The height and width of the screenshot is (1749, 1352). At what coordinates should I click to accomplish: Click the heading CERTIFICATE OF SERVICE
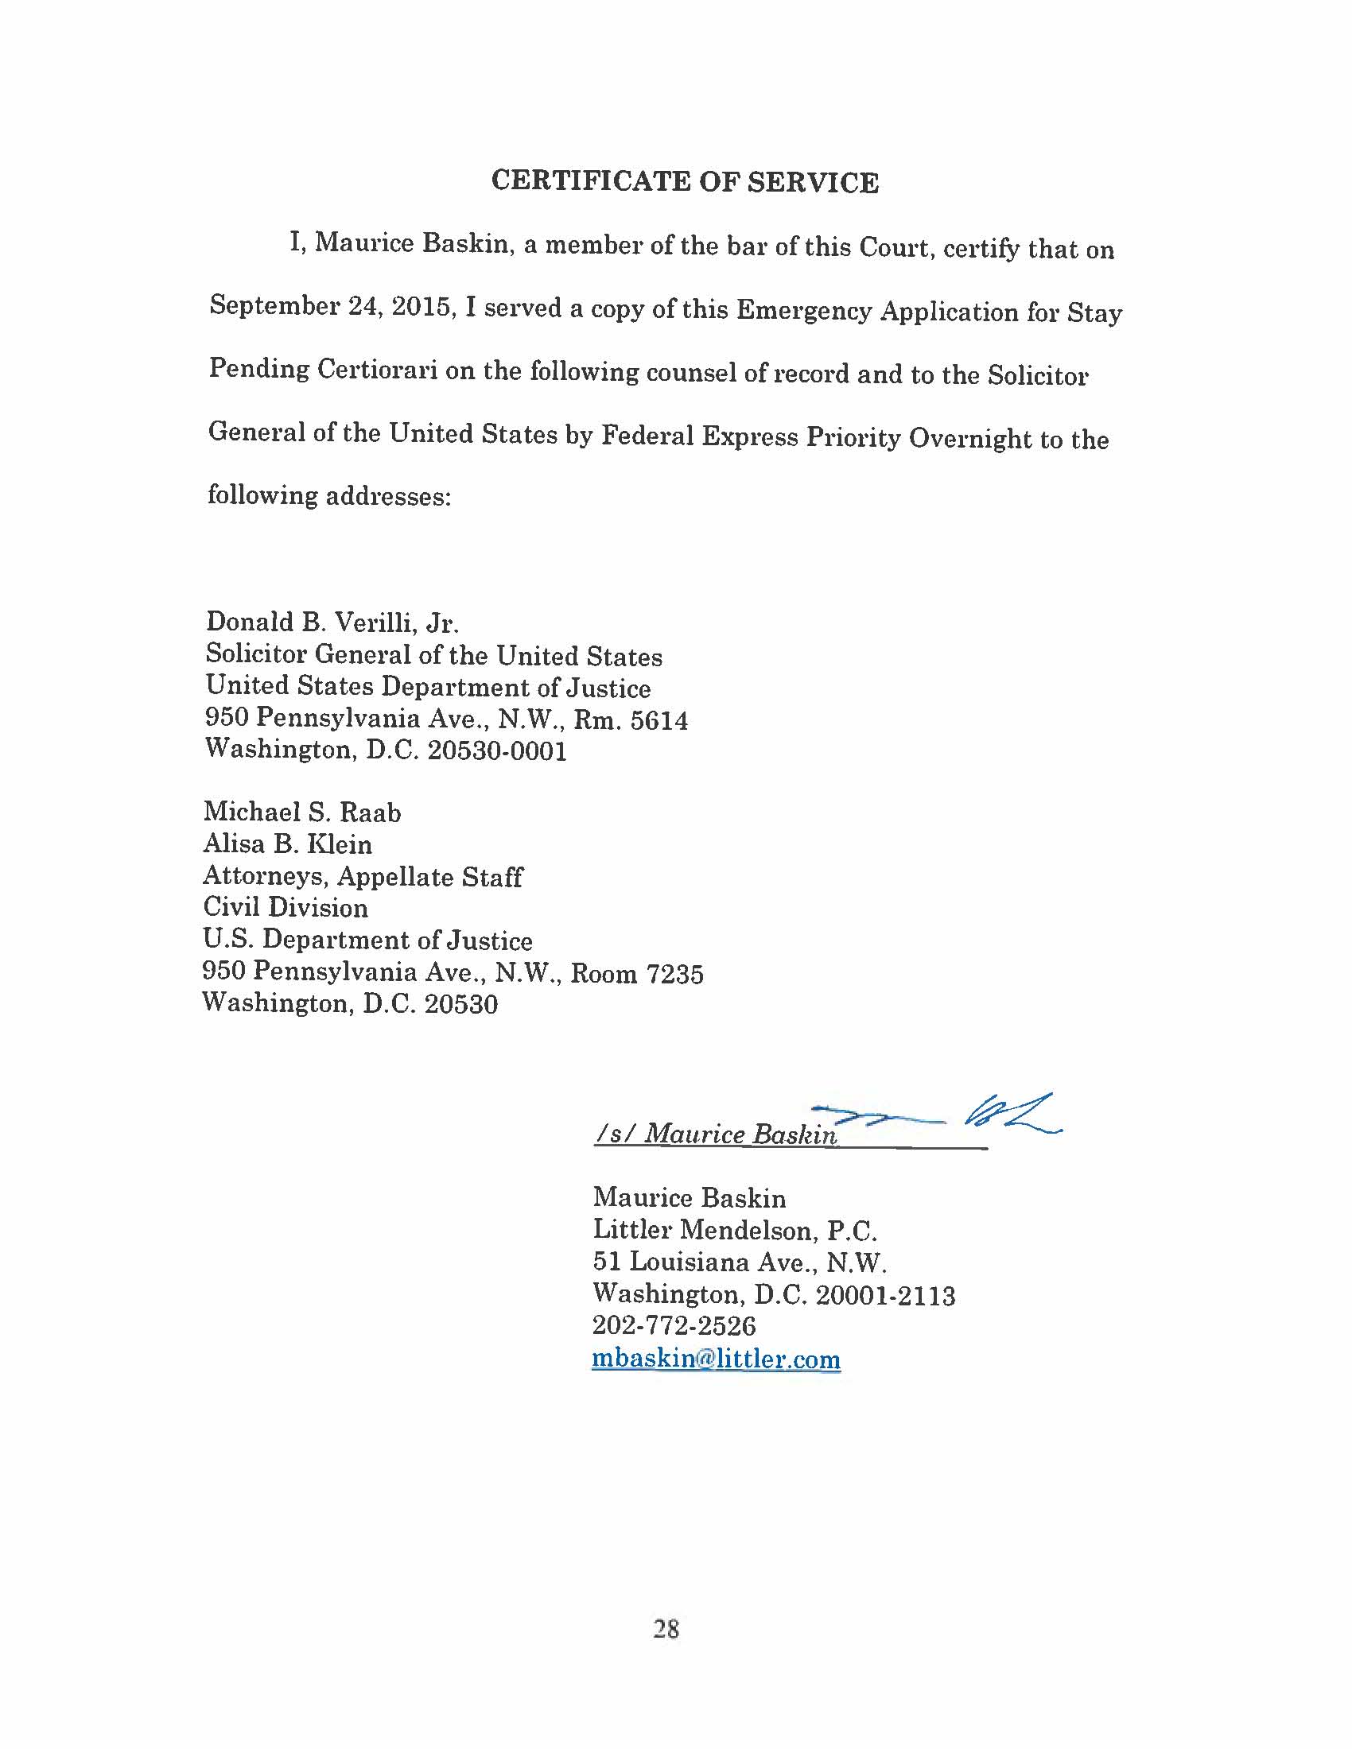coord(685,182)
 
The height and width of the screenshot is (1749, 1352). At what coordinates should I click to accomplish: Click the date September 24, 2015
coord(332,306)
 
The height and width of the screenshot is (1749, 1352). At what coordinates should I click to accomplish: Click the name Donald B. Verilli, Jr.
coord(332,622)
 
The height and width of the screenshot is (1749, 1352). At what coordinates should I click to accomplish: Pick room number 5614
coord(659,721)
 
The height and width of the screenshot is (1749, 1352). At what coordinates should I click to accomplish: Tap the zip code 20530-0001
coord(496,751)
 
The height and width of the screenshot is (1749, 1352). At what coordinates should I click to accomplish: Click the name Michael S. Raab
coord(302,812)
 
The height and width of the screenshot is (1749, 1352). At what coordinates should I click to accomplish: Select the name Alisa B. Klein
coord(288,844)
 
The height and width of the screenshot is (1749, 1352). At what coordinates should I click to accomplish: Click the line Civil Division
coord(286,907)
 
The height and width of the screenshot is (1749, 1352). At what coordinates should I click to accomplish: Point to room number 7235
coord(674,974)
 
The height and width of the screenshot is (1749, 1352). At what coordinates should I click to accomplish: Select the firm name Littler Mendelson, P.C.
coord(735,1230)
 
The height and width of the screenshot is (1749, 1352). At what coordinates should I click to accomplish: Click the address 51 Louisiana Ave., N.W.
coord(739,1262)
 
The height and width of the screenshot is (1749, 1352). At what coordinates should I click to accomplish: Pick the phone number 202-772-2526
coord(674,1326)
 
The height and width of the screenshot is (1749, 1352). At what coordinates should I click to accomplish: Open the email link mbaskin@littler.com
coord(716,1359)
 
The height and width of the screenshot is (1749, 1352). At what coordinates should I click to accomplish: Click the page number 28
coord(666,1629)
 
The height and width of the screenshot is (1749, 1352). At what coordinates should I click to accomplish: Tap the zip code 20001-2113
coord(885,1295)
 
